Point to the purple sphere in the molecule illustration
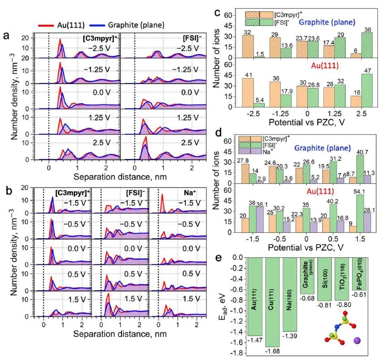click(358, 341)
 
